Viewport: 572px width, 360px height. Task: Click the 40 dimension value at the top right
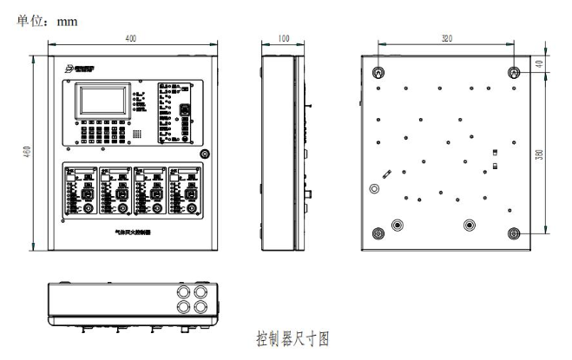(539, 63)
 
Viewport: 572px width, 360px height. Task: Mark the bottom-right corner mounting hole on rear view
(513, 232)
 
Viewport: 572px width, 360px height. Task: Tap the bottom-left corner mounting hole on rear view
(378, 232)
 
